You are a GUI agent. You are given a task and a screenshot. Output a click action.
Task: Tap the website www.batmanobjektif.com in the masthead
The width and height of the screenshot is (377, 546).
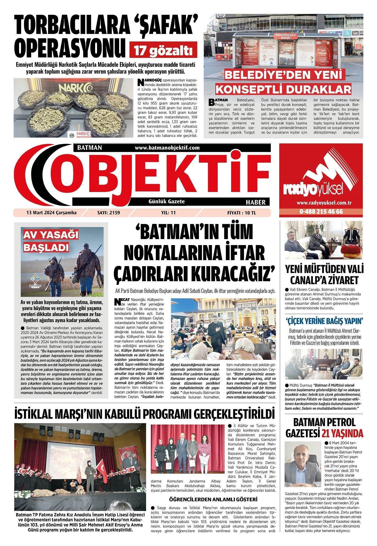tap(167, 148)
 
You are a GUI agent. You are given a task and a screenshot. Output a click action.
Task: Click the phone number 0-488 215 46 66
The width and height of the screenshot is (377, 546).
tap(321, 212)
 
